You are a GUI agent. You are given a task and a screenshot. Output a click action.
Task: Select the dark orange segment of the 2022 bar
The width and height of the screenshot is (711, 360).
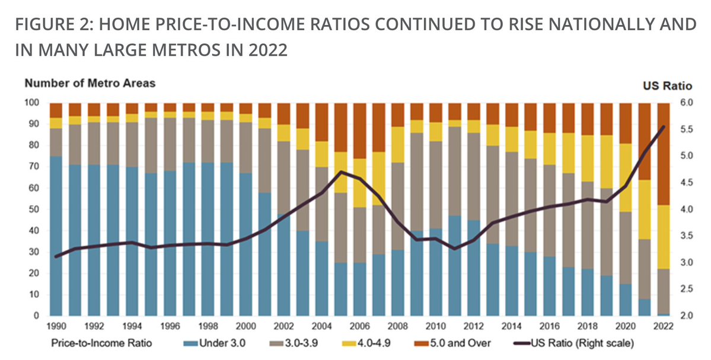(663, 154)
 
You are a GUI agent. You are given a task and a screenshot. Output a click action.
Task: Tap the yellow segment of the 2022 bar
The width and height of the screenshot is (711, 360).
(663, 237)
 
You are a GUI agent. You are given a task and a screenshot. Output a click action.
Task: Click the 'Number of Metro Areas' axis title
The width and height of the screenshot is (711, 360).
(90, 83)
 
